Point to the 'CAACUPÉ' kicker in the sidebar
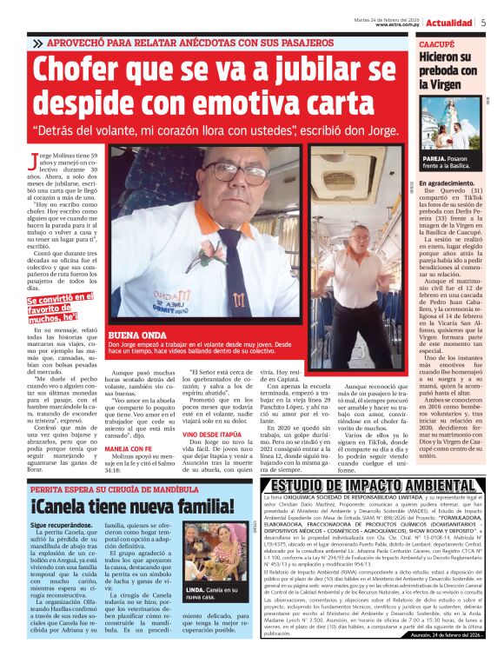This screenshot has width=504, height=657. (x=437, y=42)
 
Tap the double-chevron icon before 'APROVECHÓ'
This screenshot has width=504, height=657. (x=37, y=43)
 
